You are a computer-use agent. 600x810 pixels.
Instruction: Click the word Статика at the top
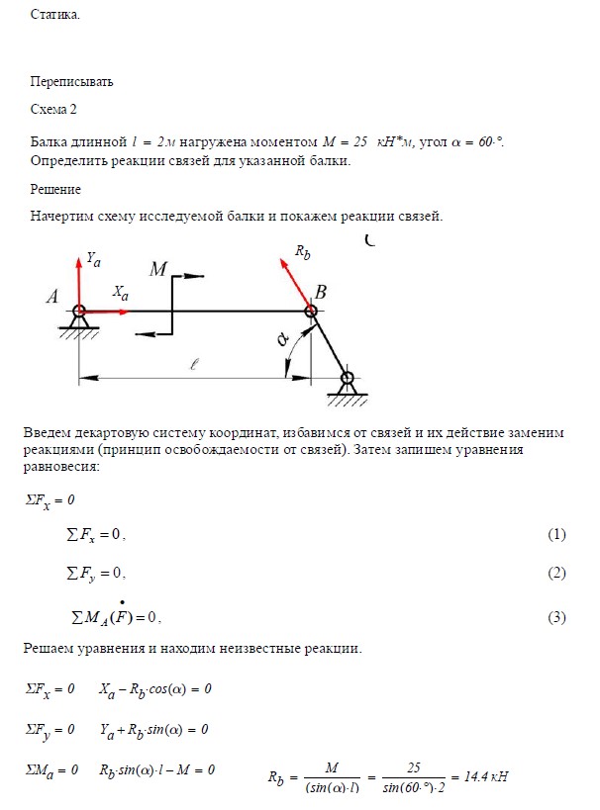54,16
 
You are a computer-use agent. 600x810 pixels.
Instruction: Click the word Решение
55,189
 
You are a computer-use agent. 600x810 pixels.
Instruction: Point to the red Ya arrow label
93,259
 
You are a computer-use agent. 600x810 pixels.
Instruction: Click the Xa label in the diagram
120,293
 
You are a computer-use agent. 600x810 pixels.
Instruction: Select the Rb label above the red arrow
303,252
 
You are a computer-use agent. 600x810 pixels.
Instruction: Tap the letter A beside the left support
51,296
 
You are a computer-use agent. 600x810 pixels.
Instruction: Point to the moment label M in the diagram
159,269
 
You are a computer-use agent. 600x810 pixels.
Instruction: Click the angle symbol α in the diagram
283,339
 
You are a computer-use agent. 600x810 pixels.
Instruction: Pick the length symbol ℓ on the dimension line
194,364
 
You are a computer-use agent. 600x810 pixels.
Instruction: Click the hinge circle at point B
311,311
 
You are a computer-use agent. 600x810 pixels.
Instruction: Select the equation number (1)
555,534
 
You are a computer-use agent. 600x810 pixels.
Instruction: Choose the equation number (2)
555,574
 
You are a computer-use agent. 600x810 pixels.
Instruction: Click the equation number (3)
555,618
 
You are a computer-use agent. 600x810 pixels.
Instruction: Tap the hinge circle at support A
79,311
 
